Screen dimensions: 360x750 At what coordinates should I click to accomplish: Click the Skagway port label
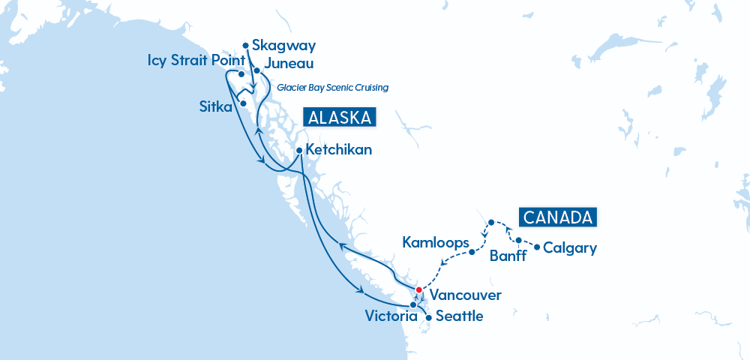[x=284, y=46]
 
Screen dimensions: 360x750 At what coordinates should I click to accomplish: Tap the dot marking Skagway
[x=246, y=45]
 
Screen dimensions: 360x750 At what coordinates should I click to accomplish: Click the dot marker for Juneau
[x=256, y=70]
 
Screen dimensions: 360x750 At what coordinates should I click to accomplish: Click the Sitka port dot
[x=242, y=103]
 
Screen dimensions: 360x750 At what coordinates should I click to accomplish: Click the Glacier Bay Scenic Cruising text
[x=332, y=88]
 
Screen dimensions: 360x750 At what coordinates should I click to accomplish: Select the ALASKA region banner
[x=338, y=118]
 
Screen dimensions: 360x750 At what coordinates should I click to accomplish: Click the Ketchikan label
[x=339, y=150]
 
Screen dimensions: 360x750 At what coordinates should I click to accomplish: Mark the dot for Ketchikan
[x=299, y=150]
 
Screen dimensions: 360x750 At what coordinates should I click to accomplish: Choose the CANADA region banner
[x=559, y=217]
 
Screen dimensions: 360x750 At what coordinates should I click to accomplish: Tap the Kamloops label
[x=435, y=243]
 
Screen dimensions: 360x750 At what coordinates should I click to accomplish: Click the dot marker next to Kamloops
[x=472, y=252]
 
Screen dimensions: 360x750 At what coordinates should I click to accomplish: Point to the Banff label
[x=508, y=256]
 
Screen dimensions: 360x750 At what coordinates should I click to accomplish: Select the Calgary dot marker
[x=536, y=247]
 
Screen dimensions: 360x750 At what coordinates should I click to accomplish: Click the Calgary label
[x=570, y=247]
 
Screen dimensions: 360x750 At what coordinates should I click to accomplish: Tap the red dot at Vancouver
[x=418, y=290]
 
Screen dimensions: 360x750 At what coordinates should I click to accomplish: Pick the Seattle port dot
[x=428, y=317]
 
